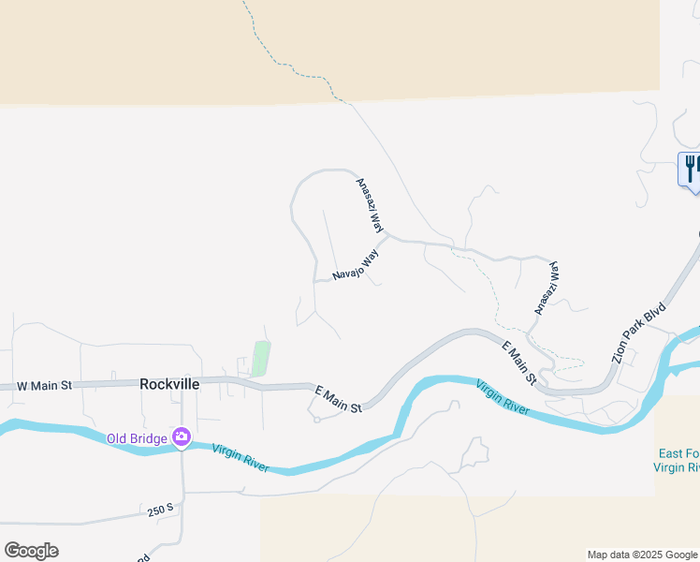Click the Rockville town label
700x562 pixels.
click(x=169, y=383)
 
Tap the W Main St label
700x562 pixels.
click(x=44, y=385)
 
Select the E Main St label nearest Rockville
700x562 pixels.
click(x=338, y=398)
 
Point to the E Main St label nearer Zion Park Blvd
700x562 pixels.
click(x=518, y=362)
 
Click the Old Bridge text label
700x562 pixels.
click(x=136, y=437)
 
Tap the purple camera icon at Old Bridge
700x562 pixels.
click(x=182, y=436)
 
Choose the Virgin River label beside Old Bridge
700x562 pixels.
click(x=240, y=458)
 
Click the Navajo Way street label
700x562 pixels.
click(x=356, y=265)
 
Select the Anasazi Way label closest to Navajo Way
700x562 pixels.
click(x=371, y=206)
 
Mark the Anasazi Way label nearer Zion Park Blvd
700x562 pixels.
click(x=547, y=288)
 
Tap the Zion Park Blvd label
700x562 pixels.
click(x=638, y=333)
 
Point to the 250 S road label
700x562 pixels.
click(x=161, y=510)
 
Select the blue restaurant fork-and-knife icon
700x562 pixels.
click(x=690, y=169)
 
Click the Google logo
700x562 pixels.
click(x=31, y=551)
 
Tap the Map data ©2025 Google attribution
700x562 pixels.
click(x=642, y=555)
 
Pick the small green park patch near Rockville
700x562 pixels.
click(x=261, y=359)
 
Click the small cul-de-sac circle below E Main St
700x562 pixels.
click(x=316, y=419)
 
